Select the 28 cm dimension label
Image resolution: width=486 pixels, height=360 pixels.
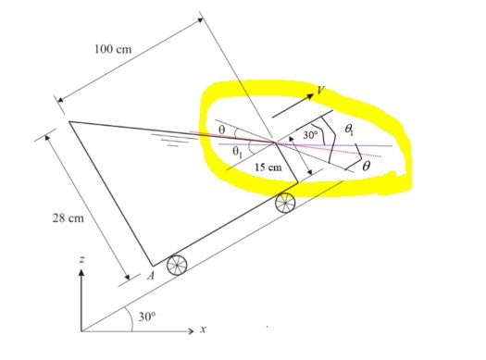[x=67, y=218]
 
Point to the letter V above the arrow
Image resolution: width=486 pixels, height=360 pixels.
[x=319, y=91]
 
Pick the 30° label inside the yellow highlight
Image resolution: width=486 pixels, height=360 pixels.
[x=311, y=135]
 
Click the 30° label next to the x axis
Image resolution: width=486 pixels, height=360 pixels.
[x=146, y=317]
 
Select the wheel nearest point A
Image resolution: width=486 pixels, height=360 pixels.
[x=176, y=266]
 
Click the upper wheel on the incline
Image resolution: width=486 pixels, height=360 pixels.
[x=285, y=202]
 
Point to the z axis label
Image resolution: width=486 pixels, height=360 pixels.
[x=81, y=261]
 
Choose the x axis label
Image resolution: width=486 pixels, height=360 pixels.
[x=203, y=329]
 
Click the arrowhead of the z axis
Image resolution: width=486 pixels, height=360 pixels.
[x=81, y=275]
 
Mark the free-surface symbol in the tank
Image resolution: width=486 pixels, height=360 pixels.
[x=168, y=143]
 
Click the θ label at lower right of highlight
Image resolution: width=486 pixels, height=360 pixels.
[x=367, y=166]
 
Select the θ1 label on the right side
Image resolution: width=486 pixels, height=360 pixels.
[x=348, y=132]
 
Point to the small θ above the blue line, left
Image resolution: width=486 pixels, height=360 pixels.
[x=221, y=130]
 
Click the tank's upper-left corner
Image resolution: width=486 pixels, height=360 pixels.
[x=69, y=121]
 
